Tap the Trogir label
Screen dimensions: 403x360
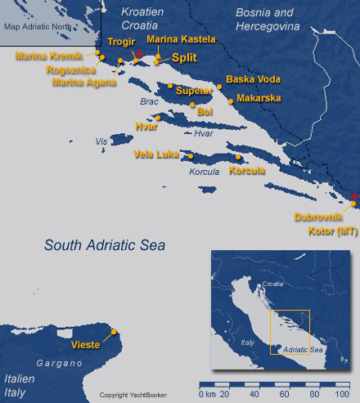point(121,42)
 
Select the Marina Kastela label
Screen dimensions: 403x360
point(181,38)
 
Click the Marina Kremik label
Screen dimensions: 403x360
point(49,56)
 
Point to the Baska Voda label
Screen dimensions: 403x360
point(253,80)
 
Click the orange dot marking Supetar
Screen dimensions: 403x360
point(170,86)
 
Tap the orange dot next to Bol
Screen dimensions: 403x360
point(191,105)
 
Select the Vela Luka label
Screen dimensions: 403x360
point(156,153)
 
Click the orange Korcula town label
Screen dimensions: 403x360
point(247,171)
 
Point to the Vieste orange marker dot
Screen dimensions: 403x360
point(114,332)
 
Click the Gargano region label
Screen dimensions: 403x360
point(56,361)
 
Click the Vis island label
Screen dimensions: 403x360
point(101,141)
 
